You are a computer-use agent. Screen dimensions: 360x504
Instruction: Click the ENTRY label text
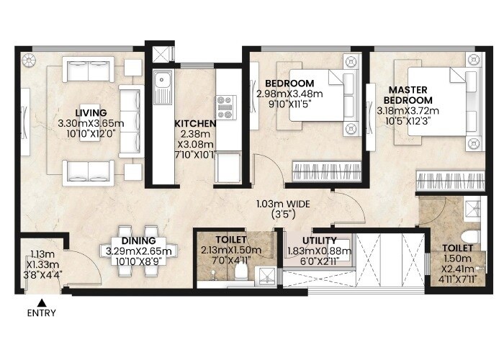pyautogui.click(x=41, y=313)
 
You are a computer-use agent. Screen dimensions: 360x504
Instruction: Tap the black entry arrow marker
pyautogui.click(x=41, y=302)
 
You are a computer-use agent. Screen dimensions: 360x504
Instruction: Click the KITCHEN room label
pyautogui.click(x=195, y=124)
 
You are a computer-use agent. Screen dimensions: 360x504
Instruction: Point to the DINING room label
pyautogui.click(x=136, y=240)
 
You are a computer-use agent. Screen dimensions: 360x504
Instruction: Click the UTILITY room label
pyautogui.click(x=316, y=240)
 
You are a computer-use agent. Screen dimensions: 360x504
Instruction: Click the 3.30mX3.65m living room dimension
pyautogui.click(x=91, y=123)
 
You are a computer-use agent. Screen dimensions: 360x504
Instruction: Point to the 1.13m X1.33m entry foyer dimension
pyautogui.click(x=41, y=264)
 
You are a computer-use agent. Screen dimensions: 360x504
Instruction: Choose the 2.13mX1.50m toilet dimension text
pyautogui.click(x=231, y=250)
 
